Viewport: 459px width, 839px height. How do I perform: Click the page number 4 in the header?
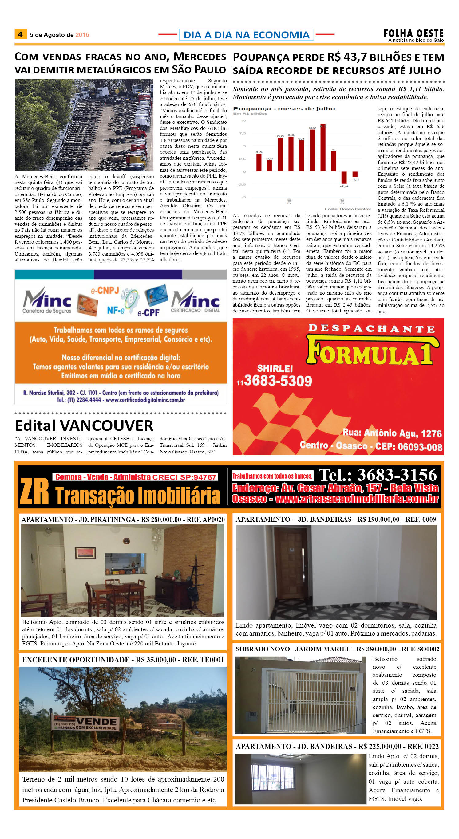click(x=20, y=34)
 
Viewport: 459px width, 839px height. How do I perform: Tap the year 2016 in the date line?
click(x=82, y=35)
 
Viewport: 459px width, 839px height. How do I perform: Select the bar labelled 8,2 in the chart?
click(x=312, y=150)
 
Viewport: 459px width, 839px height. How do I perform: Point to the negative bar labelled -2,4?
click(x=344, y=178)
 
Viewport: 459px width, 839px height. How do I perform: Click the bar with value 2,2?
click(x=269, y=166)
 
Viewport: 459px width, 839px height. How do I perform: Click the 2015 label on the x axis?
click(x=342, y=201)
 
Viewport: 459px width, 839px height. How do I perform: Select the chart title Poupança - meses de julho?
click(x=284, y=108)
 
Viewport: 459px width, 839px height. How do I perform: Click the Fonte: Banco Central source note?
click(x=347, y=209)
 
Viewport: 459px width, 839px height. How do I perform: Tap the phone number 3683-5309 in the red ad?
click(x=278, y=381)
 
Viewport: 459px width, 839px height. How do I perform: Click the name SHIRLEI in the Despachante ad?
click(x=275, y=368)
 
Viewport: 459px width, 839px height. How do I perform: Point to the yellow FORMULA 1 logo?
click(x=372, y=351)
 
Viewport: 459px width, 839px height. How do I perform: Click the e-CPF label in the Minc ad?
click(x=148, y=313)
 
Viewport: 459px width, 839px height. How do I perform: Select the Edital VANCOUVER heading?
click(x=84, y=425)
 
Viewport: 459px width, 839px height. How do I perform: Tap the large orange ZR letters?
click(x=34, y=491)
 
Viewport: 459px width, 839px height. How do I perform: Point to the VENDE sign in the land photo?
click(x=97, y=721)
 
